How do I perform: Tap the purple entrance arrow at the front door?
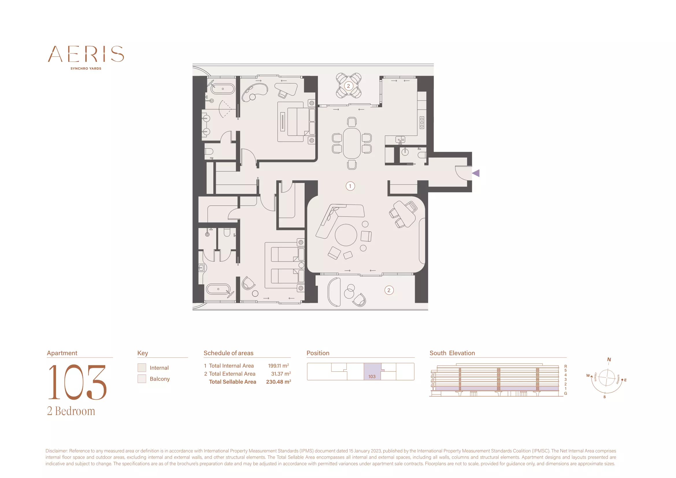click(x=476, y=173)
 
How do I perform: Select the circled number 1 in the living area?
click(x=350, y=186)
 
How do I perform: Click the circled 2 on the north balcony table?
click(x=349, y=86)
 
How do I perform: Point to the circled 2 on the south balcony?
click(x=389, y=290)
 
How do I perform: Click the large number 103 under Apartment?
click(x=77, y=382)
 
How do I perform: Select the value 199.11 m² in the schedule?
click(x=279, y=366)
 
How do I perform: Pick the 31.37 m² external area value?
click(x=281, y=373)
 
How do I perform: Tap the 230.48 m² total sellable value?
click(x=279, y=382)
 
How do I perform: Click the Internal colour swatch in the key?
click(x=142, y=368)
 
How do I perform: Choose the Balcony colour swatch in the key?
click(x=142, y=379)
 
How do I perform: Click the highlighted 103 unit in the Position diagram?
click(x=372, y=371)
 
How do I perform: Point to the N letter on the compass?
click(x=609, y=360)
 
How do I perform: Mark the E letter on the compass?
click(x=625, y=380)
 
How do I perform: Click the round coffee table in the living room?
click(x=346, y=235)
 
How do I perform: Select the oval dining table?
click(x=352, y=143)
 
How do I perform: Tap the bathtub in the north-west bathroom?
click(x=223, y=89)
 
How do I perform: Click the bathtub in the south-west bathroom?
click(x=218, y=289)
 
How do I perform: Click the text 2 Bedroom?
click(x=71, y=411)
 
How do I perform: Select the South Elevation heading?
click(x=452, y=353)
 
